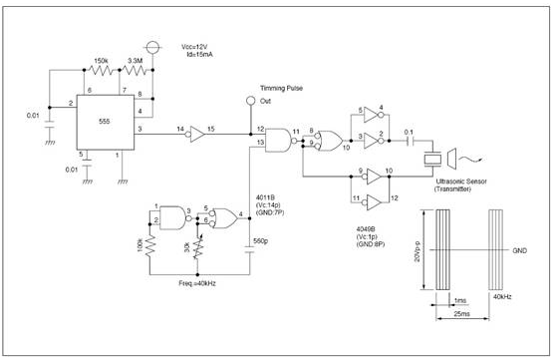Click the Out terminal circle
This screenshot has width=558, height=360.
click(x=250, y=102)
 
